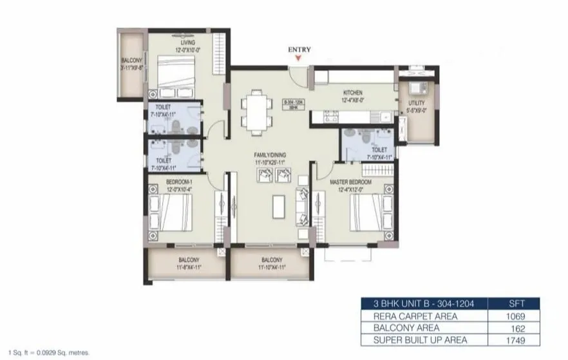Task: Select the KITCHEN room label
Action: click(352, 93)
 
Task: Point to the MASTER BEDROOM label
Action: click(352, 182)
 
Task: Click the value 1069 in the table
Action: click(515, 316)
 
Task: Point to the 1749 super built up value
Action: click(515, 339)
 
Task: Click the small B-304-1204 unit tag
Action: click(294, 103)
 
